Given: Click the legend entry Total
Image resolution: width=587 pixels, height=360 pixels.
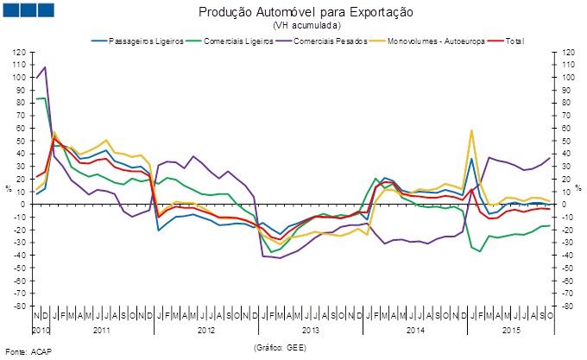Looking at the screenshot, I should pyautogui.click(x=511, y=41).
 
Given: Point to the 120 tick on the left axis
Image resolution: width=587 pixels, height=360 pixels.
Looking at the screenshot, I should pyautogui.click(x=19, y=52).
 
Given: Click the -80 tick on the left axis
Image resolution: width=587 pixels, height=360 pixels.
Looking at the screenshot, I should pyautogui.click(x=19, y=306).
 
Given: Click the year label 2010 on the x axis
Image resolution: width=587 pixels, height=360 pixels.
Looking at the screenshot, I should pyautogui.click(x=41, y=330).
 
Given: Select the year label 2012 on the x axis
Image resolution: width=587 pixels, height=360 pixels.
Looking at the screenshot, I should pyautogui.click(x=205, y=330).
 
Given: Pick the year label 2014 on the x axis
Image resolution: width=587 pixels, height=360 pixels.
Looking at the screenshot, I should pyautogui.click(x=415, y=330).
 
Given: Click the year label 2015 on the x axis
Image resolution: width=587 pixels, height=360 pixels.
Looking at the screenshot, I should pyautogui.click(x=512, y=330).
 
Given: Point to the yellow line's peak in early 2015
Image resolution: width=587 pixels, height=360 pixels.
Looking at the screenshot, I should pyautogui.click(x=471, y=130).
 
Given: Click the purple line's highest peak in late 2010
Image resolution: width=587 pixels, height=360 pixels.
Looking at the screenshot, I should pyautogui.click(x=44, y=66).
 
